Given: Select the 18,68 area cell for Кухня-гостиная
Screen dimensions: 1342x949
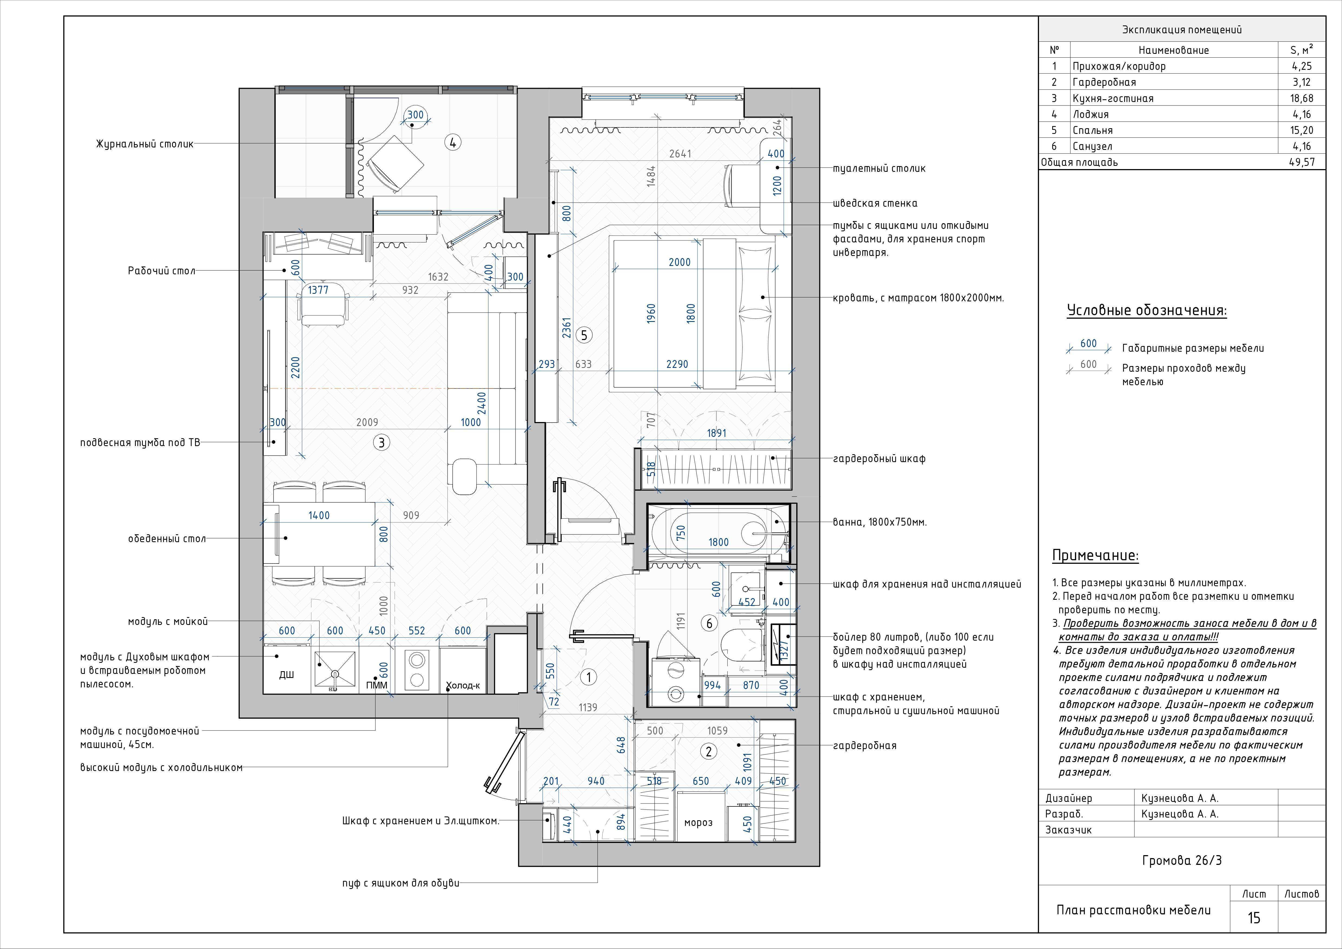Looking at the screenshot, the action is click(1302, 98).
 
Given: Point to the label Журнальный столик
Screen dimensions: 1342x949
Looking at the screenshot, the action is click(144, 144).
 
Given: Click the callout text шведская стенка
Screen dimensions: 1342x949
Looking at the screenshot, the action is click(875, 203).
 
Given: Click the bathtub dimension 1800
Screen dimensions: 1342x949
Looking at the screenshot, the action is click(718, 542).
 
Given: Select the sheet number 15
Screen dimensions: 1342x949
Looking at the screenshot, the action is click(1254, 918).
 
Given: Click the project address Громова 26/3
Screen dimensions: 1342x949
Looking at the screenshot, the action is click(1182, 861).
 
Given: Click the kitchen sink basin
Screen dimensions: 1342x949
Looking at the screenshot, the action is click(335, 668).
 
